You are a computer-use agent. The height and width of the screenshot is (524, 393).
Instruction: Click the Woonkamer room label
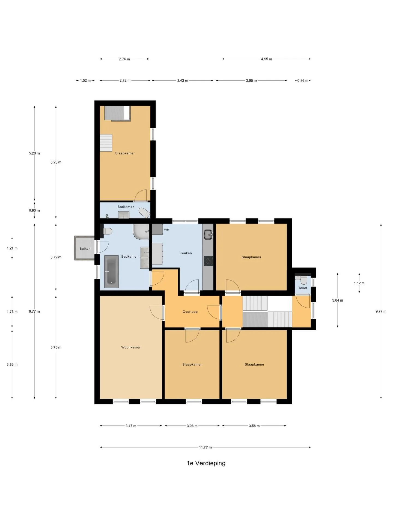(x=131, y=347)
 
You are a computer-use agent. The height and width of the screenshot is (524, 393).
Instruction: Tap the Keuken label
(x=186, y=253)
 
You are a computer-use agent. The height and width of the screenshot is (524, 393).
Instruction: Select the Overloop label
(x=190, y=312)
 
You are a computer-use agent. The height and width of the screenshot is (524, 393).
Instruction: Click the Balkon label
(x=85, y=249)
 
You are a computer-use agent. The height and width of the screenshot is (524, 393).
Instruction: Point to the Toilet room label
(x=303, y=288)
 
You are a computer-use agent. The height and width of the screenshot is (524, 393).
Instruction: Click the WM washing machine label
(x=167, y=230)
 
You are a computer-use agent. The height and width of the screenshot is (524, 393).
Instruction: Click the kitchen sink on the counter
(x=208, y=234)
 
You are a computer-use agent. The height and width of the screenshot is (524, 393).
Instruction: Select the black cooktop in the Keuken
(x=208, y=261)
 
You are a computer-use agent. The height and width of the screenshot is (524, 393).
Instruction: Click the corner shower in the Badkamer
(x=141, y=231)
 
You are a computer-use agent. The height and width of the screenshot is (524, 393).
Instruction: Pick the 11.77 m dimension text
(x=205, y=447)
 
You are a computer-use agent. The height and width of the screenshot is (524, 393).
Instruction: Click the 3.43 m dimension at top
(x=183, y=81)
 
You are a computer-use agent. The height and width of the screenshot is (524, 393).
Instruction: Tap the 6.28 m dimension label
(x=56, y=162)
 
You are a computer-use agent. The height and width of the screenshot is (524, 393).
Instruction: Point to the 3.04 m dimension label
(x=338, y=300)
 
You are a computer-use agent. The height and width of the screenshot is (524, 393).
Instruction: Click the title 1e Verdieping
(x=206, y=463)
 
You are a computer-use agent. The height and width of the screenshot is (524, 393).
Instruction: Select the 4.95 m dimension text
(x=266, y=59)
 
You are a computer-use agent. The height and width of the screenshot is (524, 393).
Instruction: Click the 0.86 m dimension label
(x=303, y=81)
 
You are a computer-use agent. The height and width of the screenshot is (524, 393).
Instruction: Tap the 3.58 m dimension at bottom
(x=254, y=426)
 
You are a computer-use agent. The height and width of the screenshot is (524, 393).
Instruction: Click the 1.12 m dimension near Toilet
(x=359, y=283)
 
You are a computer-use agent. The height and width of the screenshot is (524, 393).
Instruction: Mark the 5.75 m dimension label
(x=56, y=347)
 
